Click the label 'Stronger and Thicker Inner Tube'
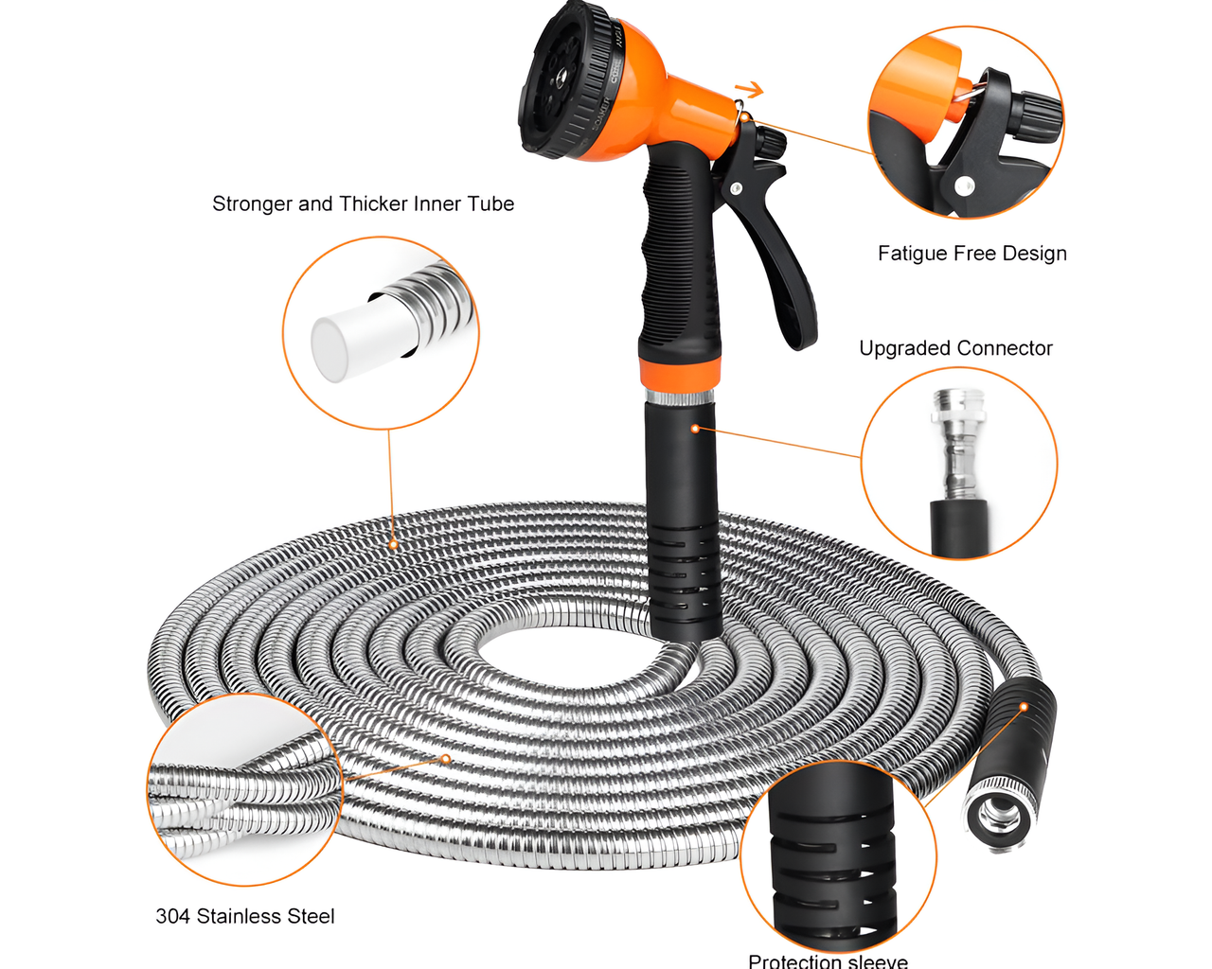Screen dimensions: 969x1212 point(363,204)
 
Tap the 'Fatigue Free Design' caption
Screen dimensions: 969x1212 point(971,254)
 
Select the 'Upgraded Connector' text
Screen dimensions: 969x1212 point(955,348)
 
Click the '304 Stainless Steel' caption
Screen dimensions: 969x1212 point(245,916)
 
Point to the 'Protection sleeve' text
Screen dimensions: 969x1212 point(828,960)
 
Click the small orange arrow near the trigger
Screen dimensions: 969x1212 point(750,90)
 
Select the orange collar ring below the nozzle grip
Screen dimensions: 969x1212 point(681,372)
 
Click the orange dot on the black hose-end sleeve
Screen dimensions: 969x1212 point(1024,707)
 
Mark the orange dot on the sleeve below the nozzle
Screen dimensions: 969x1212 point(695,429)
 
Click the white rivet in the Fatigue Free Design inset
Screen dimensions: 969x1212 point(964,185)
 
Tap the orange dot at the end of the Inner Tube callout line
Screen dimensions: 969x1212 point(392,545)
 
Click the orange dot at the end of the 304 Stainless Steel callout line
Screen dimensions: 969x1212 point(445,759)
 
